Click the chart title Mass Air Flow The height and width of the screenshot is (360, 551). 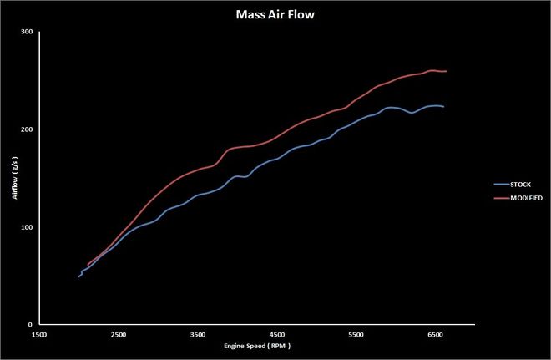point(275,14)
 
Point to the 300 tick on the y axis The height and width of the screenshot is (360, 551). point(28,32)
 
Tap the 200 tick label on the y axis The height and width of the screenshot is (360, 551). point(28,129)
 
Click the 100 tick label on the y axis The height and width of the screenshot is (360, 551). point(28,227)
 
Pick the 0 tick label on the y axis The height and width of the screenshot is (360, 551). point(31,325)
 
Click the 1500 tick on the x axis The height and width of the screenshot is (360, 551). point(38,334)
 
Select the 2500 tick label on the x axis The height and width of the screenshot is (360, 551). point(118,334)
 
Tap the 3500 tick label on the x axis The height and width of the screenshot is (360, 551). point(197,334)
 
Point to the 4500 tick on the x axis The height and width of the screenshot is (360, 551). point(276,334)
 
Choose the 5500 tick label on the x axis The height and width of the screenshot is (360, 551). point(356,334)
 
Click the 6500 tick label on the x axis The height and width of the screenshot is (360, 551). point(435,334)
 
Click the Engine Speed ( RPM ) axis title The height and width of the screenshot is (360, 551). point(256,345)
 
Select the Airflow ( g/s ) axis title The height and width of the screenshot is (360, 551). point(14,179)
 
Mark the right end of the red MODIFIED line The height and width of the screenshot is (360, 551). point(447,71)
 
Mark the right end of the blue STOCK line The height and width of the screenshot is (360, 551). point(443,107)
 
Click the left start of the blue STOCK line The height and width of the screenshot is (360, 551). point(78,276)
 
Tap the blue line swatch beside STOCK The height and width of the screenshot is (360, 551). point(502,182)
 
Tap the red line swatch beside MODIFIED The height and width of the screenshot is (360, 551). point(502,198)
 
